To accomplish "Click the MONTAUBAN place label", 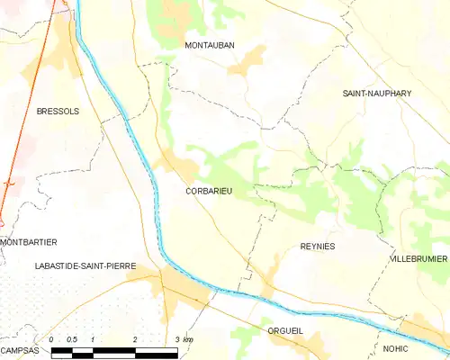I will pyautogui.click(x=210, y=45).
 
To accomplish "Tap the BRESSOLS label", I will pyautogui.click(x=58, y=111).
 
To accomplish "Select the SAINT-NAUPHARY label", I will pyautogui.click(x=376, y=94).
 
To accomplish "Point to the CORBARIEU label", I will pyautogui.click(x=209, y=191).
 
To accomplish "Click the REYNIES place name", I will pyautogui.click(x=317, y=246).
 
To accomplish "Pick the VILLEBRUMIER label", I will pyautogui.click(x=418, y=258).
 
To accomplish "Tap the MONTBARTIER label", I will pyautogui.click(x=29, y=242).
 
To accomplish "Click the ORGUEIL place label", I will pyautogui.click(x=285, y=331).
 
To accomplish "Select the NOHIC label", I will pyautogui.click(x=394, y=348).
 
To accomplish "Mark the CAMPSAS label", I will pyautogui.click(x=20, y=349).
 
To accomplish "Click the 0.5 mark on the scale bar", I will pyautogui.click(x=72, y=339).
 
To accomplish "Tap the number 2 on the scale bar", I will pyautogui.click(x=135, y=339).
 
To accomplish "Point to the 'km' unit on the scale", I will pyautogui.click(x=187, y=339).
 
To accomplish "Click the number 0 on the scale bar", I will pyautogui.click(x=52, y=339).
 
